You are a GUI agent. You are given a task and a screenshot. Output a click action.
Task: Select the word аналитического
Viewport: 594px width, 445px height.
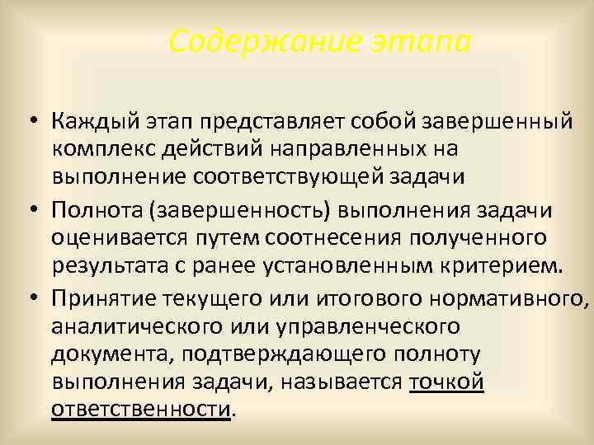[x=134, y=326]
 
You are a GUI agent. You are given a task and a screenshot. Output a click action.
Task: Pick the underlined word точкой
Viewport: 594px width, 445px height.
[x=445, y=382]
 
